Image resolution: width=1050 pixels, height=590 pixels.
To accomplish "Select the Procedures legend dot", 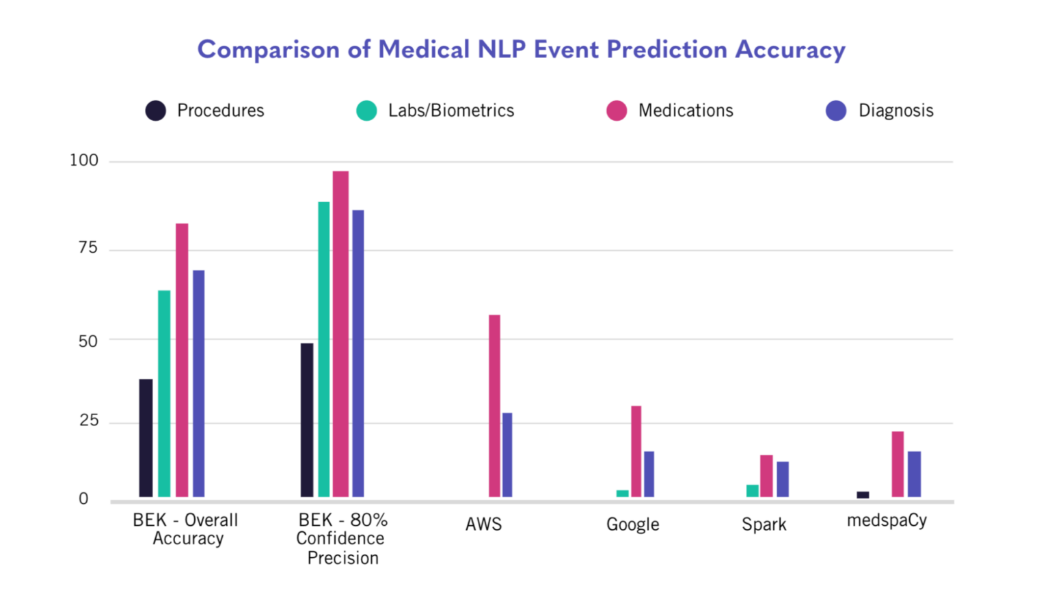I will pos(156,111).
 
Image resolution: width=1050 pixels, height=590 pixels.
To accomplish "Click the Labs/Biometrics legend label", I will pos(450,111).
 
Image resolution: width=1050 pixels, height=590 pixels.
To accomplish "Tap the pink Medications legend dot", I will pos(617,111).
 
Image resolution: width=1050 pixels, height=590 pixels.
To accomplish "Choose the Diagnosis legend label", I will pos(896,111).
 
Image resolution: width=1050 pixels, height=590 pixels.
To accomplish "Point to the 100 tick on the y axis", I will pos(84,160).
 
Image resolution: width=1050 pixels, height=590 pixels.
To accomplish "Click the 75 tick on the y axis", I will pos(88,248).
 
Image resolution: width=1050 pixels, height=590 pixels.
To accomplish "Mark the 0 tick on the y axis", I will pos(83,499).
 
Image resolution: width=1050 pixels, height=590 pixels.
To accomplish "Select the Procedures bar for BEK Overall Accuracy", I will pos(146,438).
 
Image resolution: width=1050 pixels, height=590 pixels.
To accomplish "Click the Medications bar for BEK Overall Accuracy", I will pos(182,360).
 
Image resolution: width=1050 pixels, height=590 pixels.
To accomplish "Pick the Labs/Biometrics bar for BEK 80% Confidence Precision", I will pos(323,349).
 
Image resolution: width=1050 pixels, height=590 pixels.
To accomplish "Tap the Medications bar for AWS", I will pos(494,406).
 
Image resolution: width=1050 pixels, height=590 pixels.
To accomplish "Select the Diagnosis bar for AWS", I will pos(507,455).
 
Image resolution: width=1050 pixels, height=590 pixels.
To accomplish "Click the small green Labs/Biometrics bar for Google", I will pos(622,493).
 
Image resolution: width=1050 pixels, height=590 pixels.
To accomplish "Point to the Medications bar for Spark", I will pos(766,476).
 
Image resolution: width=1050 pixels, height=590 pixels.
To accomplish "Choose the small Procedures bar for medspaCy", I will pos(863,494).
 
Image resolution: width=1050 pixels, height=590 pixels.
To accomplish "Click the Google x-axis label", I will pos(632,524).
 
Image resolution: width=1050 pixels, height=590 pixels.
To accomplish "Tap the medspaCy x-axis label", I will pos(887,520).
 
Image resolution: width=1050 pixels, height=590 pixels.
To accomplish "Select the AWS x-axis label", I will pos(483,524).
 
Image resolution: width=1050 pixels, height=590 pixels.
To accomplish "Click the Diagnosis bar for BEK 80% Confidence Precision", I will pos(358,353).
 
